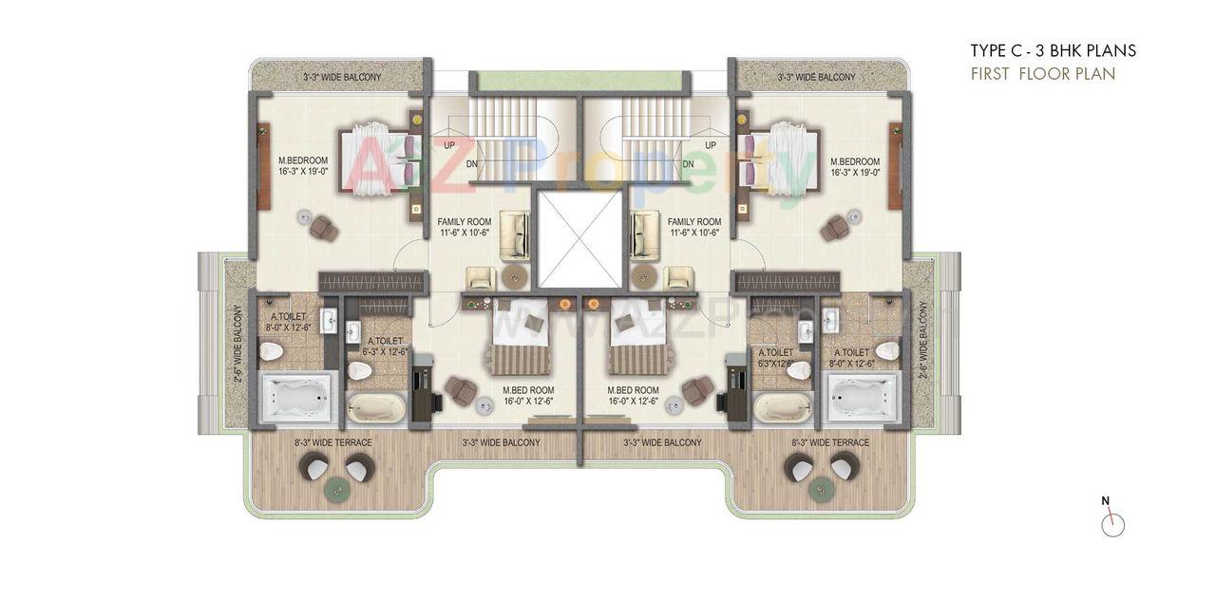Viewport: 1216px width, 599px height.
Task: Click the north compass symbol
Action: [x=1113, y=523]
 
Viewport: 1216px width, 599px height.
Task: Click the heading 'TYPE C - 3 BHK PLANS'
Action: [x=1053, y=51]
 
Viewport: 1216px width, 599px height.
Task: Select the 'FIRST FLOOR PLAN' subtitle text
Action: [x=1042, y=74]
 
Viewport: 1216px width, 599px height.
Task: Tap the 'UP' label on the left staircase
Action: [x=448, y=145]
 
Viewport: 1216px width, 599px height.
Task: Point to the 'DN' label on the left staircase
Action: [x=472, y=164]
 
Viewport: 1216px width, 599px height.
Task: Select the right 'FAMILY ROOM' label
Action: [x=693, y=227]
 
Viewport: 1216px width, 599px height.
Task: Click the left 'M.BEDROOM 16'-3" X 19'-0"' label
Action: [x=303, y=166]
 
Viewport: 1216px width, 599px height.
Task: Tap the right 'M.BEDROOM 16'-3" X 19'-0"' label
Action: [x=855, y=166]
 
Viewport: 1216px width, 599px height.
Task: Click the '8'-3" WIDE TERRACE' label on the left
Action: [x=333, y=442]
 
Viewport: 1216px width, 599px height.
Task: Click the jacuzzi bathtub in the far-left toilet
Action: [x=295, y=396]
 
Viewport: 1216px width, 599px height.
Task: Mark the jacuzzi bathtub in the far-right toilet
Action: [x=863, y=396]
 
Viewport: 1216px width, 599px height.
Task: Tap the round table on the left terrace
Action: [x=335, y=488]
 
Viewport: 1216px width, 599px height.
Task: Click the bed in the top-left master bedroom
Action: [x=377, y=159]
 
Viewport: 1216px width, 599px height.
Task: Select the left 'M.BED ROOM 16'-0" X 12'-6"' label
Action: [x=529, y=395]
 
